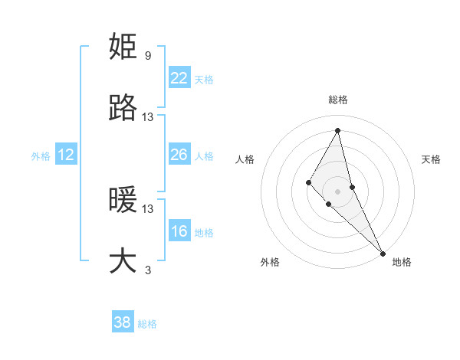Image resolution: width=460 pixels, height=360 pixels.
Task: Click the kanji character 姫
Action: pyautogui.click(x=123, y=47)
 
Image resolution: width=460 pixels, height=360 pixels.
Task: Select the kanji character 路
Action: pyautogui.click(x=123, y=109)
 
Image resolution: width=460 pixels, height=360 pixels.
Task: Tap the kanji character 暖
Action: pyautogui.click(x=123, y=201)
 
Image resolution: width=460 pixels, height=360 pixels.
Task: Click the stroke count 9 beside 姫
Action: pyautogui.click(x=147, y=56)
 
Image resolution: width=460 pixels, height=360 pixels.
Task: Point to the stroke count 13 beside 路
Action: pyautogui.click(x=148, y=117)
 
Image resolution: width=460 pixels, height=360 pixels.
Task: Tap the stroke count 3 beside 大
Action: pyautogui.click(x=147, y=270)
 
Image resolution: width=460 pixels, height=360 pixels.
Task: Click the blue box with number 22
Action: pyautogui.click(x=179, y=77)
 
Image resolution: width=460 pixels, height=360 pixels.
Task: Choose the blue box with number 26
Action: pyautogui.click(x=179, y=155)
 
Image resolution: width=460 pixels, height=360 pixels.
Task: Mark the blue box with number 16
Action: pyautogui.click(x=179, y=231)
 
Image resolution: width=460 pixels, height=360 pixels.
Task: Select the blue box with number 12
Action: pyautogui.click(x=66, y=155)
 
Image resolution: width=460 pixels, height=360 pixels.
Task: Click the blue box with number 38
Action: pyautogui.click(x=123, y=322)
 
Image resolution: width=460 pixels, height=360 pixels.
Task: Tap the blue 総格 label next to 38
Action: pyautogui.click(x=147, y=324)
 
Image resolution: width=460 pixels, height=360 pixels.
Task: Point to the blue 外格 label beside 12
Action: pyautogui.click(x=41, y=156)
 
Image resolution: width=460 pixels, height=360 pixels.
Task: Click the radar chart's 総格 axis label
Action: pyautogui.click(x=338, y=100)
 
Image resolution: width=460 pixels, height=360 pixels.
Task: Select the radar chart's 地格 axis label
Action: pyautogui.click(x=402, y=262)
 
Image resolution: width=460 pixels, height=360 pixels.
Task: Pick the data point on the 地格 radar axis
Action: pyautogui.click(x=383, y=252)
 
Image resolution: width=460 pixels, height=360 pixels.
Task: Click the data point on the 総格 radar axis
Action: pyautogui.click(x=338, y=130)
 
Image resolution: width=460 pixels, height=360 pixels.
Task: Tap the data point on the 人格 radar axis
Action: pyautogui.click(x=309, y=182)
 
